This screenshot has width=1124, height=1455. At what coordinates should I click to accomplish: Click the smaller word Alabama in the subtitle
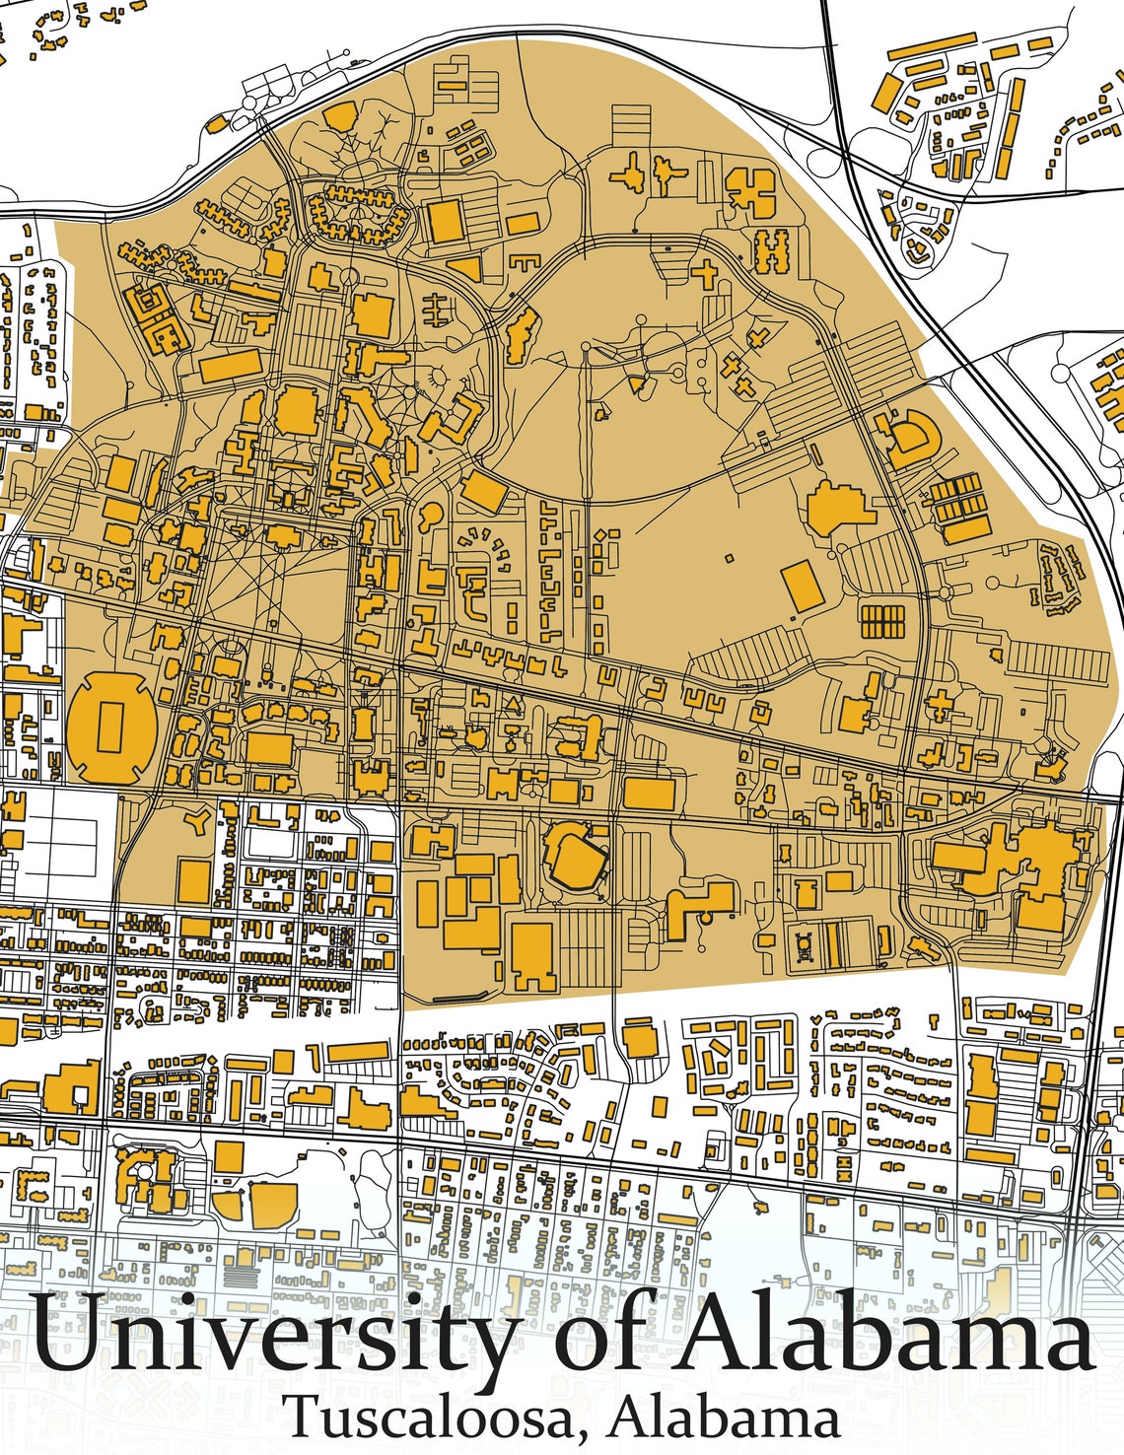[724, 1417]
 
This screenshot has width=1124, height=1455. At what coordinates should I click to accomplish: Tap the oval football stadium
[110, 727]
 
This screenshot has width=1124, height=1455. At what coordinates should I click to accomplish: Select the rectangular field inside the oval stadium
[110, 727]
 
